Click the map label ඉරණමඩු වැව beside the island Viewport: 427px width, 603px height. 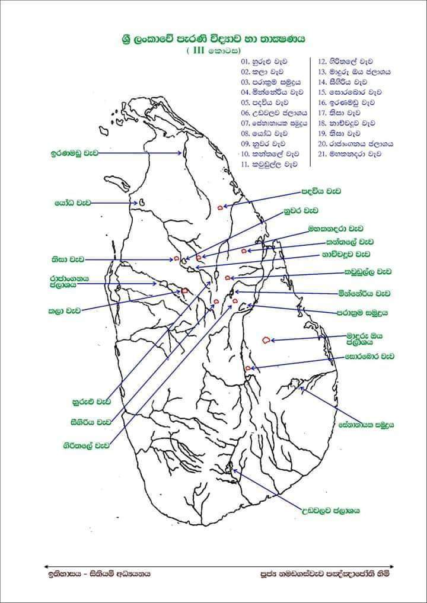click(73, 153)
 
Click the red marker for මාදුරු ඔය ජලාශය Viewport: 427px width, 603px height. click(266, 340)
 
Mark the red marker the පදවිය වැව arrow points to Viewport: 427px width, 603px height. click(220, 208)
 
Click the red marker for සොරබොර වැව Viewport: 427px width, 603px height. click(247, 368)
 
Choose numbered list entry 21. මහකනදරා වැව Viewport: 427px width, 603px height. click(347, 153)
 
